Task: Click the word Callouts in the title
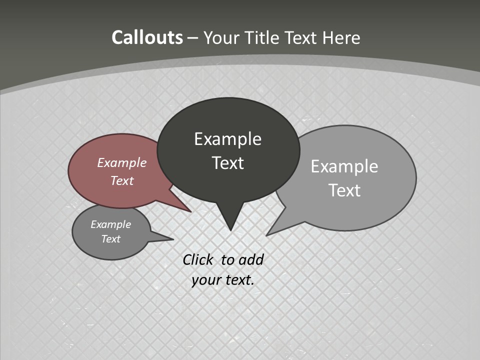coord(147,37)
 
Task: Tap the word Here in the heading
coord(341,37)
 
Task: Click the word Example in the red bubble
coord(121,162)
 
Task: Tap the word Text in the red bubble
coord(121,180)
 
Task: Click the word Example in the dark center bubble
coord(227,138)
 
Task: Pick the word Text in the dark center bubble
coord(227,162)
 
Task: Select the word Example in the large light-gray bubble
coord(344,166)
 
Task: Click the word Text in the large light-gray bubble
coord(344,190)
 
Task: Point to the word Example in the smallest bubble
coord(110,224)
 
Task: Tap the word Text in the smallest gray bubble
coord(110,239)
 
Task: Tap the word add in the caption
coord(250,259)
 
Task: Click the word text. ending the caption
coord(238,280)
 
